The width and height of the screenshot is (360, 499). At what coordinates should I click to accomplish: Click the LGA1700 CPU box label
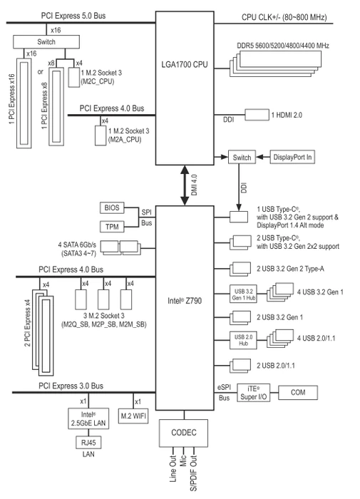[185, 65]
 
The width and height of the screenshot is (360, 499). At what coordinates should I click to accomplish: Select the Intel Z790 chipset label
[185, 301]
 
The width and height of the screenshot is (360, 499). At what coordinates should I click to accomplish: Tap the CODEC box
[184, 433]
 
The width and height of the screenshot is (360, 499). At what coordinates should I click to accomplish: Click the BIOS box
[112, 208]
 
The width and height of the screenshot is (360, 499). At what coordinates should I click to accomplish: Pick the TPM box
[112, 227]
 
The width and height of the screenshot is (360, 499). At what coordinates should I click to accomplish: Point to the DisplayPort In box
[292, 158]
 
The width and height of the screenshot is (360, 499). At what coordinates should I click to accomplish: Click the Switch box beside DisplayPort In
[242, 158]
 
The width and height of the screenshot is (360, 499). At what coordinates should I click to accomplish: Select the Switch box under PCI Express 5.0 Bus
[46, 41]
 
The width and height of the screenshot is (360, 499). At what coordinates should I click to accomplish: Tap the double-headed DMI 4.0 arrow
[185, 185]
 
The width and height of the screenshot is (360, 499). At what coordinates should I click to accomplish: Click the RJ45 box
[88, 443]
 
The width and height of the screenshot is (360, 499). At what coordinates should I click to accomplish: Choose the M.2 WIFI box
[133, 416]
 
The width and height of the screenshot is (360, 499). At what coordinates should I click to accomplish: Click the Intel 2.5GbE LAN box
[88, 418]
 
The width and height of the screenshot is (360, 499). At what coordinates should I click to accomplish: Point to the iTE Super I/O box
[254, 393]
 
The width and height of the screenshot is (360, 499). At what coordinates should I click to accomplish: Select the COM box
[298, 393]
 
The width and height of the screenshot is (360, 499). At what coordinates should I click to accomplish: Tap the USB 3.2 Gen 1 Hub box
[244, 294]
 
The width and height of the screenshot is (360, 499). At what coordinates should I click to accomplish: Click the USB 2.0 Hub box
[244, 341]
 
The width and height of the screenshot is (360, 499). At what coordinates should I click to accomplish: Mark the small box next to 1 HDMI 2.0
[257, 115]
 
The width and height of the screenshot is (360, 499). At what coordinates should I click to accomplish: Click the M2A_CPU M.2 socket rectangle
[101, 135]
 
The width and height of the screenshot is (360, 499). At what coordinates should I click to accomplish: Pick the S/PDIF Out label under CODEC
[193, 473]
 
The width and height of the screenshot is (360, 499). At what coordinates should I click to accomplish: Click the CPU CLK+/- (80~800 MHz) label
[284, 17]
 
